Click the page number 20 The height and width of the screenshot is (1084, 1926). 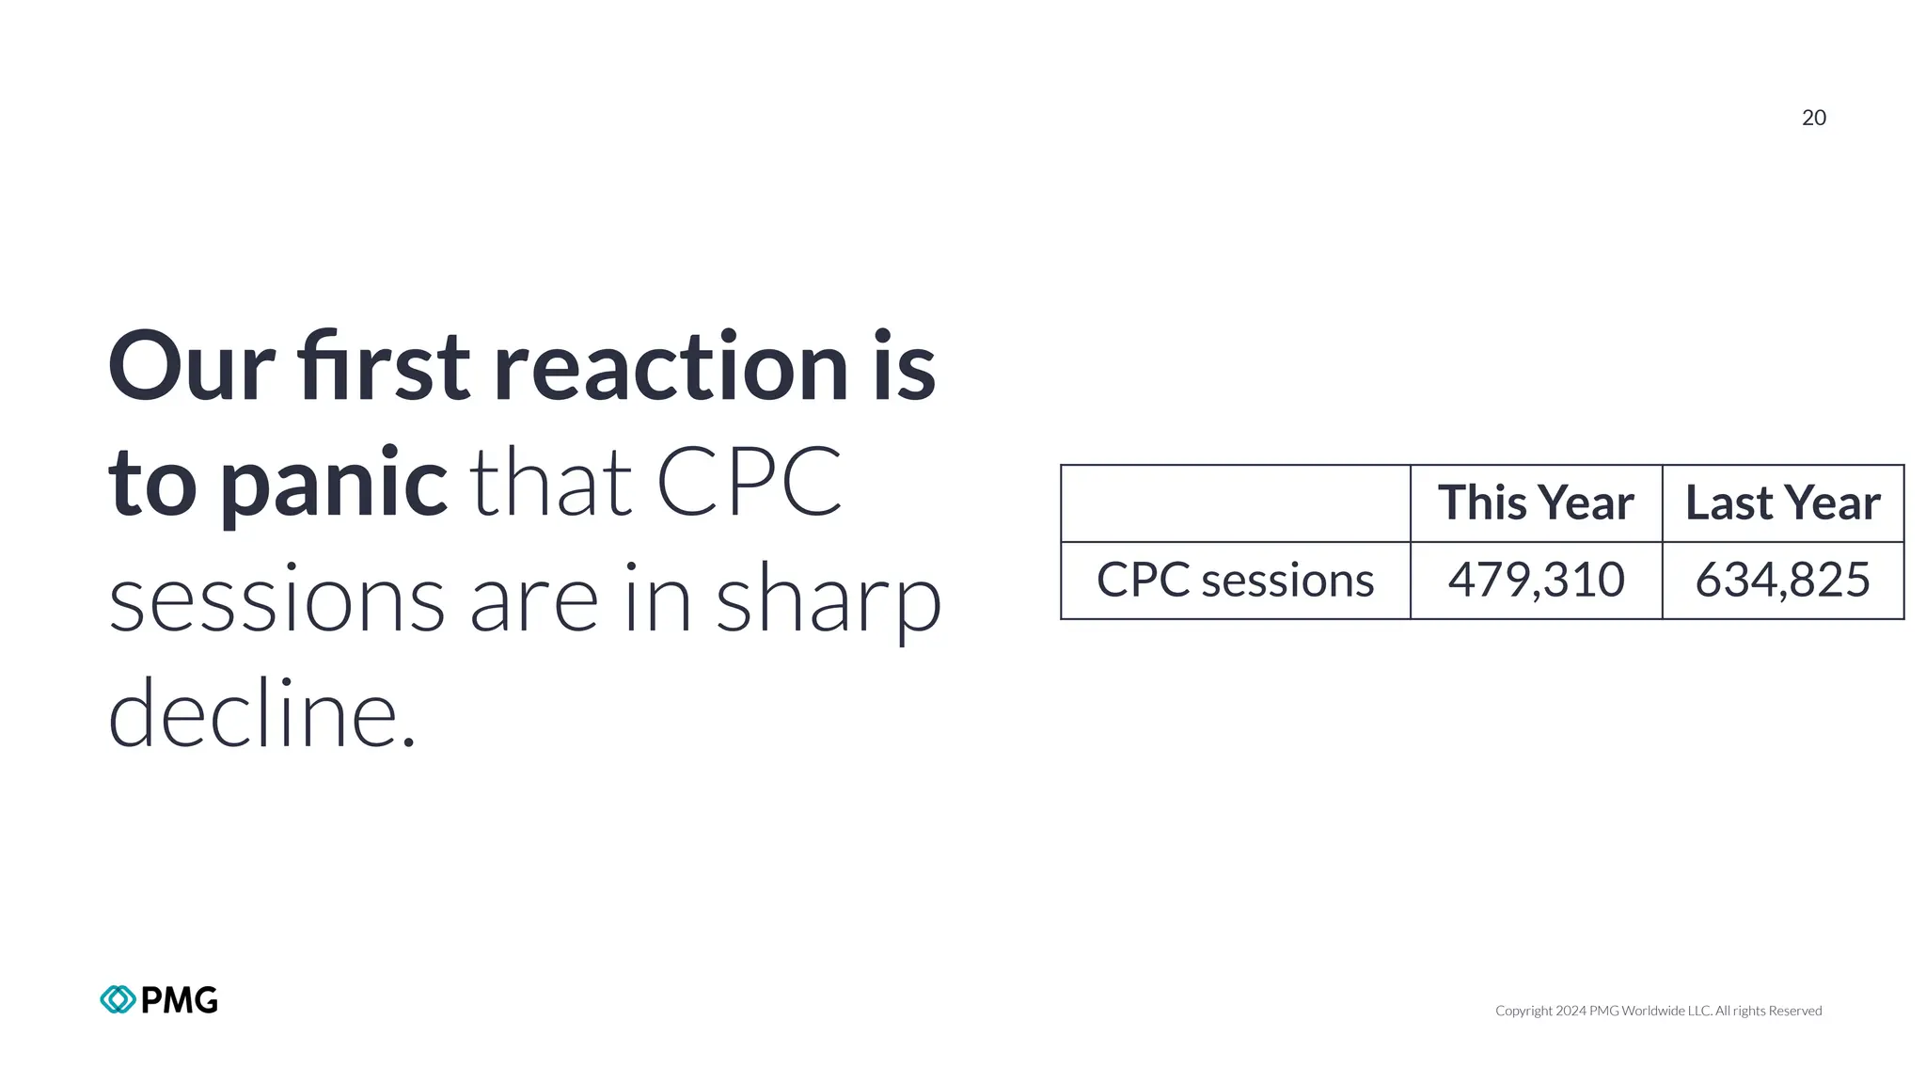[1813, 118]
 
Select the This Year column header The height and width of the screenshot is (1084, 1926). [1536, 502]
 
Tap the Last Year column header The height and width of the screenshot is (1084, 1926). [1782, 502]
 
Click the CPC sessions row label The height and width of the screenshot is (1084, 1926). [1235, 580]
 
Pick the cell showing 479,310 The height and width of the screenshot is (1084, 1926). [1536, 580]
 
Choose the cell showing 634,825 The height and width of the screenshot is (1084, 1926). [1782, 580]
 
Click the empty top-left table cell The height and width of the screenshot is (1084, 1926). [1235, 502]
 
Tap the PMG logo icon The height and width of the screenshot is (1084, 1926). [118, 999]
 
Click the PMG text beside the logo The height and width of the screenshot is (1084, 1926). [179, 999]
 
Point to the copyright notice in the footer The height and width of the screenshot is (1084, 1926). [1658, 1011]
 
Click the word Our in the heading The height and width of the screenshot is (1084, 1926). [191, 367]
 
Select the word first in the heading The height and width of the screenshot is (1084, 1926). [383, 367]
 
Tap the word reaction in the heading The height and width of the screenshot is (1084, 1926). [671, 367]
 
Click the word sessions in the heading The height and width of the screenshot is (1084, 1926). [276, 600]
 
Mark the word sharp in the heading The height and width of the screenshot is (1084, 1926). [829, 600]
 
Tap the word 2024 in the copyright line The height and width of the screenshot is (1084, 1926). [1571, 1011]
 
